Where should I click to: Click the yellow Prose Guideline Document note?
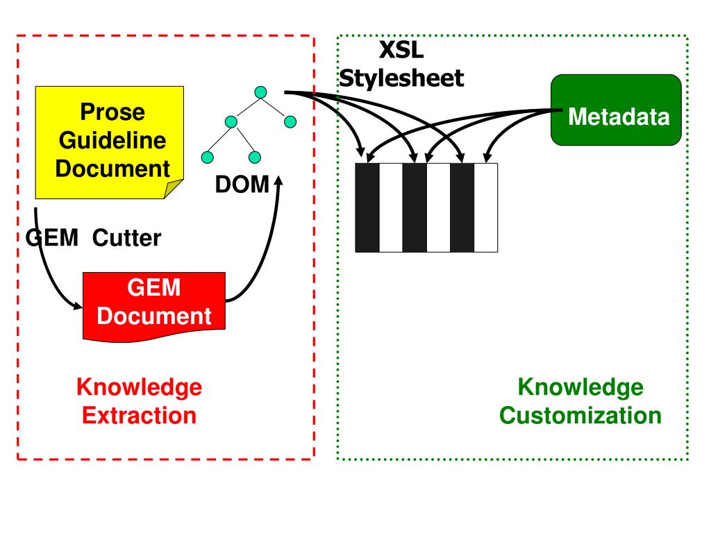(x=109, y=142)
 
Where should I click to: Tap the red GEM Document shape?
(x=154, y=306)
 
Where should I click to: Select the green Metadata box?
(x=616, y=110)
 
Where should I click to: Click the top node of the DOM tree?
(x=260, y=92)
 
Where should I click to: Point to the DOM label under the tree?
(x=242, y=185)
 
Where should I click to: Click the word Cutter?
(x=126, y=238)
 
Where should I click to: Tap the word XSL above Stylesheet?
(x=401, y=50)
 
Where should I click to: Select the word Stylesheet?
(x=401, y=78)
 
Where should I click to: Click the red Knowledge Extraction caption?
(x=139, y=401)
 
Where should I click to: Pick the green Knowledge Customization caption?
(x=580, y=401)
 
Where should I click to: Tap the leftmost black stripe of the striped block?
(x=367, y=208)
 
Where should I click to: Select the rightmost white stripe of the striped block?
(x=485, y=208)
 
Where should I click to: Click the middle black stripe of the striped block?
(x=415, y=208)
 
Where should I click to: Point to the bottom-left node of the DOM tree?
(x=207, y=158)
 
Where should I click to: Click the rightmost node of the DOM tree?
(x=290, y=121)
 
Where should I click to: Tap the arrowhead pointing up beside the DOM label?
(x=278, y=180)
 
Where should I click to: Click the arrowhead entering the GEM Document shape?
(x=77, y=306)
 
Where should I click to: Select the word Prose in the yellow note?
(x=112, y=112)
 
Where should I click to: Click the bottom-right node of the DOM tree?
(x=255, y=158)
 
